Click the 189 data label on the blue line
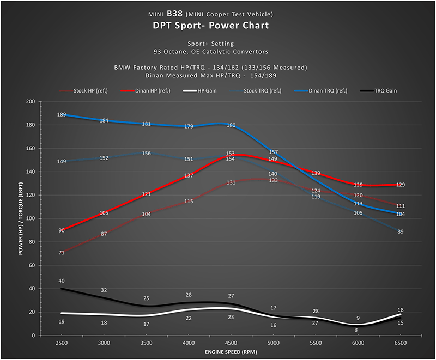pos(62,115)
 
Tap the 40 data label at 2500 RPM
pos(62,281)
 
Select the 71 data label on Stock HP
pos(62,253)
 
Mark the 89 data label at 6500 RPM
pos(401,232)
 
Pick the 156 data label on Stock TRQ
pos(147,154)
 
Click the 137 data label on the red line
pos(189,175)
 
